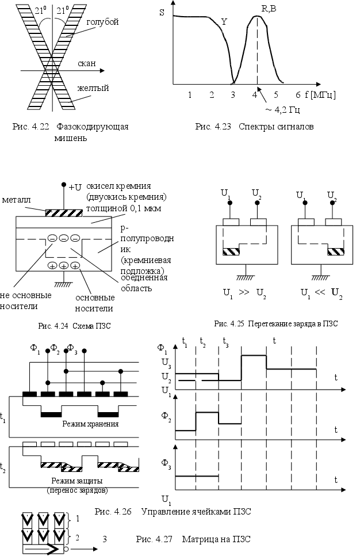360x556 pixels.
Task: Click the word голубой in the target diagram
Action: [x=103, y=22]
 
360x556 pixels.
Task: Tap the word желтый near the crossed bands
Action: [x=93, y=88]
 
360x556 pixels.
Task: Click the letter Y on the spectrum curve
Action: [x=224, y=21]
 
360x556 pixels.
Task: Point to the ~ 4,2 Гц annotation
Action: [x=285, y=109]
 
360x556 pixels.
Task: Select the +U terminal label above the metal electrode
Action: [x=75, y=187]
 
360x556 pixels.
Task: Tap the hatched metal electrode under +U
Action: [x=63, y=212]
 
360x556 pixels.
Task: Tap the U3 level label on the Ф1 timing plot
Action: [x=165, y=364]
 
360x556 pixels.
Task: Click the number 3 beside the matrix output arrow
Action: [x=105, y=539]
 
